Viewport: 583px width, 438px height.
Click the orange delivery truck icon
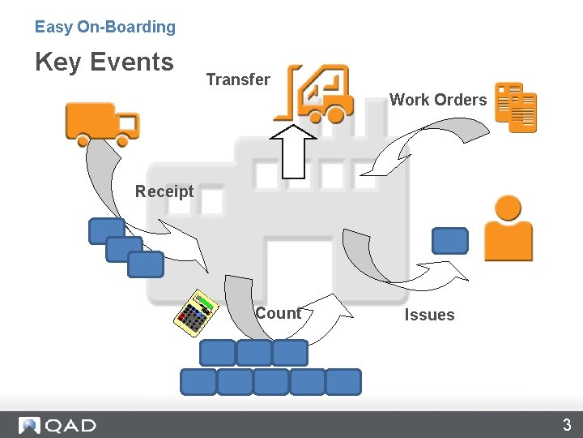point(102,123)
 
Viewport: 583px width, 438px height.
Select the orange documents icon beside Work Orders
point(516,106)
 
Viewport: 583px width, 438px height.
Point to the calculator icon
point(197,311)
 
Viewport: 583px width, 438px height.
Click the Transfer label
point(238,79)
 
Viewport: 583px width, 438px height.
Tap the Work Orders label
point(438,100)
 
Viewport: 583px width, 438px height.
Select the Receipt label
point(164,191)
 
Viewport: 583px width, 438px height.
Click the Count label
point(278,313)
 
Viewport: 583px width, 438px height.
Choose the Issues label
point(429,315)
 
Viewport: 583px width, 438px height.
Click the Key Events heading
point(104,62)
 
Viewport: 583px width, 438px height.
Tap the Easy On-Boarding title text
point(105,27)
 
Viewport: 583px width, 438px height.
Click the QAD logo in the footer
point(58,425)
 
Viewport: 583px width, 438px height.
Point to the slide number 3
point(567,425)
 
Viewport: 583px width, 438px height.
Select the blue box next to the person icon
point(450,241)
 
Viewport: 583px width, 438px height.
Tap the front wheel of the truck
point(123,140)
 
